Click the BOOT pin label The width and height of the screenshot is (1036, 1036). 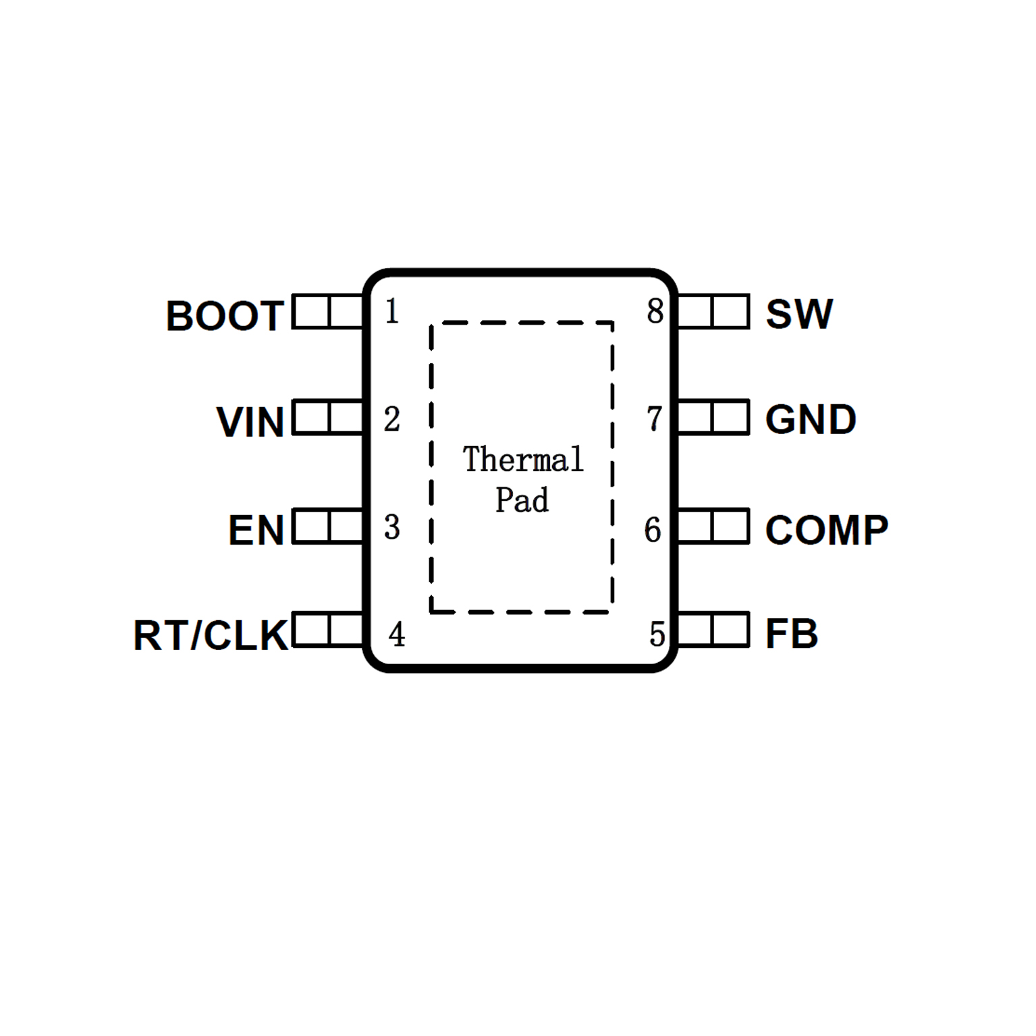pos(225,315)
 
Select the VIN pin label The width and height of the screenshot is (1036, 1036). pos(250,422)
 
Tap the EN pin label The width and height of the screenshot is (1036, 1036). pos(256,530)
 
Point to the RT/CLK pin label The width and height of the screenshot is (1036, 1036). pos(211,635)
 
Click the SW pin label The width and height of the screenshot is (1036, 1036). pos(799,314)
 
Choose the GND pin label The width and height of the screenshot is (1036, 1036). pos(811,420)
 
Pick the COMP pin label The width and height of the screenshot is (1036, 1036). pos(827,530)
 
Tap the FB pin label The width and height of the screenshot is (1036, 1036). pos(792,634)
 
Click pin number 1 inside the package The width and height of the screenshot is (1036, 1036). pos(392,311)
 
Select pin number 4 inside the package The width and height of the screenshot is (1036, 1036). pos(397,634)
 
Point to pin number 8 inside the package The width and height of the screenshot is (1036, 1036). pos(655,311)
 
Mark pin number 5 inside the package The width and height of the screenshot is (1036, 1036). pos(657,634)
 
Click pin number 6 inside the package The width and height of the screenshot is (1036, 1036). pos(653,530)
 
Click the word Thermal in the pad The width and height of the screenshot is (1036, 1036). pos(523,460)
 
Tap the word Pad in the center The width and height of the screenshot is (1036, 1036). pos(522,500)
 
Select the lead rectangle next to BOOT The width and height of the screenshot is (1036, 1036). pos(328,312)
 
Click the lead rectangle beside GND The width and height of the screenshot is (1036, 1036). pos(713,417)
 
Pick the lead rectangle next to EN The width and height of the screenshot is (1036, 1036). pos(328,526)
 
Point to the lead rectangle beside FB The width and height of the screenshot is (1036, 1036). pos(713,630)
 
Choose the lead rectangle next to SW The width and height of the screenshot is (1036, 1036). pos(713,312)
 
